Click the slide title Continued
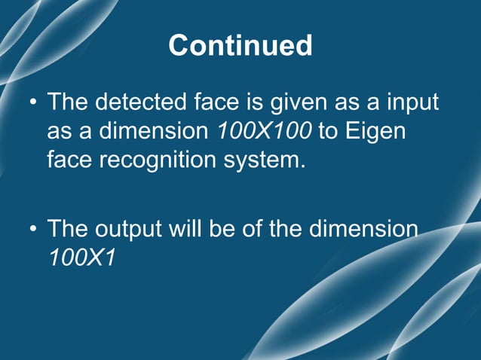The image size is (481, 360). click(240, 46)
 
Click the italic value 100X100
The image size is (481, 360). click(264, 131)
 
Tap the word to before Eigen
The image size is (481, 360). click(326, 131)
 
